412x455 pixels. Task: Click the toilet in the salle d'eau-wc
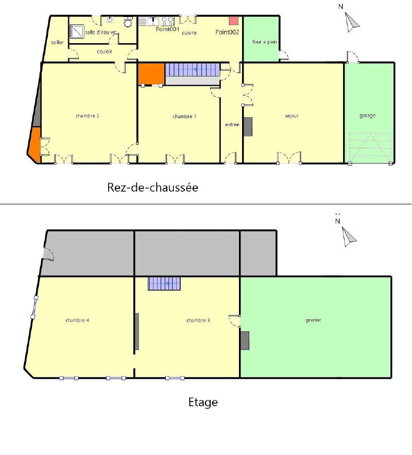click(x=128, y=22)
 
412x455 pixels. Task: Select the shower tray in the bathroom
click(x=77, y=31)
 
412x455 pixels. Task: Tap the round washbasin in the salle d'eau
click(x=110, y=20)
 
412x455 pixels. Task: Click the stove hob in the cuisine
click(x=168, y=22)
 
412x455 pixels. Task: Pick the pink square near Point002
click(x=233, y=21)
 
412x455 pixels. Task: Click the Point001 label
click(x=167, y=29)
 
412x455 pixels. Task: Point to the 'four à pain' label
click(x=265, y=42)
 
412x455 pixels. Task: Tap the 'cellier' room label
click(x=58, y=42)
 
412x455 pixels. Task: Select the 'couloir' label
click(x=105, y=51)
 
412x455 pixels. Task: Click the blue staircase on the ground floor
click(x=192, y=69)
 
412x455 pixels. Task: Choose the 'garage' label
click(x=368, y=115)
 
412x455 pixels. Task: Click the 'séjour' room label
click(x=292, y=116)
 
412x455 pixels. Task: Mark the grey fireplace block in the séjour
click(x=248, y=127)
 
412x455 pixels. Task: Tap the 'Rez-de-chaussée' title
click(x=153, y=187)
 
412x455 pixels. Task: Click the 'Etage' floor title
click(x=203, y=402)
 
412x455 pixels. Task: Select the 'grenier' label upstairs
click(x=313, y=320)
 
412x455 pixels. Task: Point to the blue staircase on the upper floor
click(x=164, y=284)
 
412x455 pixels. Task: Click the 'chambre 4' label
click(x=77, y=320)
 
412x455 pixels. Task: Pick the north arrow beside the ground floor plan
click(x=352, y=22)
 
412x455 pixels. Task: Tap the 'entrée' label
click(x=232, y=125)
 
